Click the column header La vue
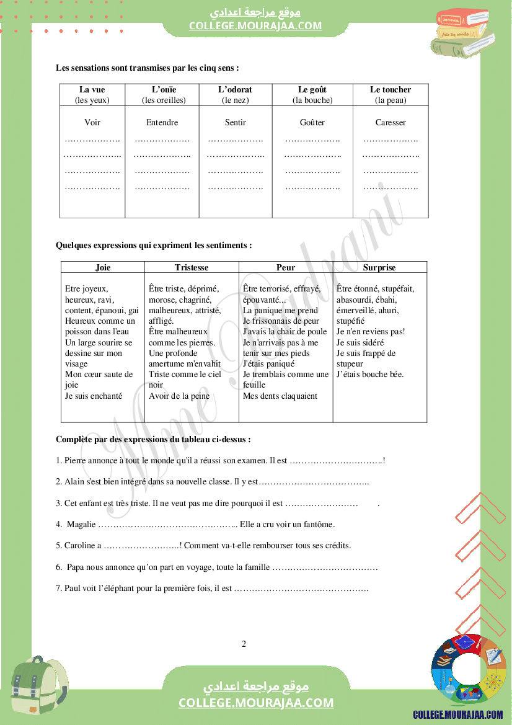coord(92,89)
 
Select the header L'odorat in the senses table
coord(236,89)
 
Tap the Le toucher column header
coord(391,89)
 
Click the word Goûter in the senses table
coord(312,123)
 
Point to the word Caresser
coord(391,123)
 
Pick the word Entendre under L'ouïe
coord(162,123)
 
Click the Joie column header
coord(103,267)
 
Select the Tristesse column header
coord(192,267)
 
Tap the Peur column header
coord(286,267)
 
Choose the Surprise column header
coord(379,267)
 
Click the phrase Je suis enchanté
coord(94,396)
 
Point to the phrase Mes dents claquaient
coord(280,396)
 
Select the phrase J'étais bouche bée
coord(370,374)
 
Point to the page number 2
coord(244,644)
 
